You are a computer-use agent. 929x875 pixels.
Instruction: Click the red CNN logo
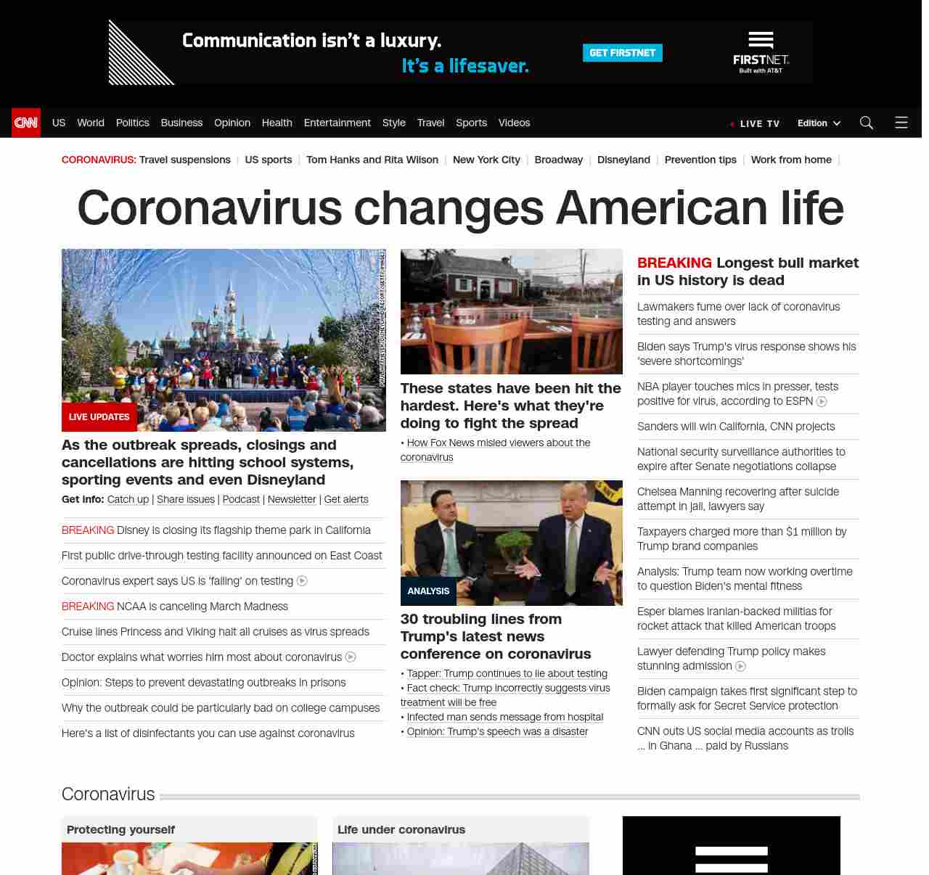coord(26,123)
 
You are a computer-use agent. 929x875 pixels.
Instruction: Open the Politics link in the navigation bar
coord(132,123)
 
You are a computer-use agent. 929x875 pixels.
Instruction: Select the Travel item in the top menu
coord(430,123)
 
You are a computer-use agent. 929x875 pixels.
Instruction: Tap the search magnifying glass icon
coord(866,123)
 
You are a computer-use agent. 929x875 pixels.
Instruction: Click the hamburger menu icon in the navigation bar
coord(901,123)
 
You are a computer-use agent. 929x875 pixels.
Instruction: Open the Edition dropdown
coord(819,123)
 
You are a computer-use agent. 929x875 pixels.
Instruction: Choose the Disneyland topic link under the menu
coord(623,160)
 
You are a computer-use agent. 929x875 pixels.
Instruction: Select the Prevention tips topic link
coord(700,160)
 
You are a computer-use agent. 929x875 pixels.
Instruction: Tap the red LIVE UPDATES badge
coord(99,417)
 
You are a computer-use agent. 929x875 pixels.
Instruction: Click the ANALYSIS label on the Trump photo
coord(428,591)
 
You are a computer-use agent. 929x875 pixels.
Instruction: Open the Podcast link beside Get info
coord(241,499)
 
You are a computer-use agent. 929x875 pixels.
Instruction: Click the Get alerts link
coord(346,499)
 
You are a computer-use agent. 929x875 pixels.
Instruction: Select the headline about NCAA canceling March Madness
coord(202,607)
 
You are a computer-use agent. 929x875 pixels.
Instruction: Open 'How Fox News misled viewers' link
coord(498,443)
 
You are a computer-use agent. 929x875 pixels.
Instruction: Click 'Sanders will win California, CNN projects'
coord(736,427)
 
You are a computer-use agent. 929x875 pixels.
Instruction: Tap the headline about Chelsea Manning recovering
coord(738,499)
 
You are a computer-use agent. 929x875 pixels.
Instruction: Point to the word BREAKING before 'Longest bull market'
coord(674,263)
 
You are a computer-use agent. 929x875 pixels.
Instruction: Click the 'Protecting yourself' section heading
coord(120,829)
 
